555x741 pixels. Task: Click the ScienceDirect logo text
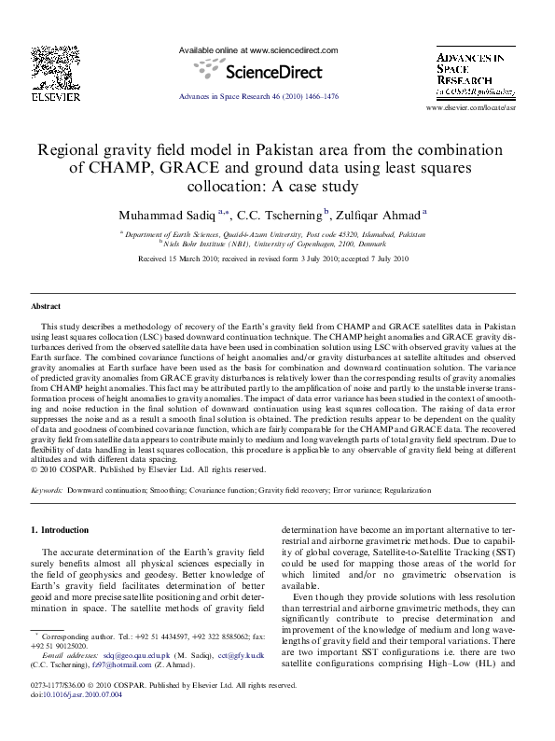pyautogui.click(x=258, y=72)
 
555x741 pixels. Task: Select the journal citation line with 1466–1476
pyautogui.click(x=257, y=96)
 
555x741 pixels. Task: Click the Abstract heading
pyautogui.click(x=46, y=306)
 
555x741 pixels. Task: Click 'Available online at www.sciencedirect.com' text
pyautogui.click(x=257, y=50)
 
